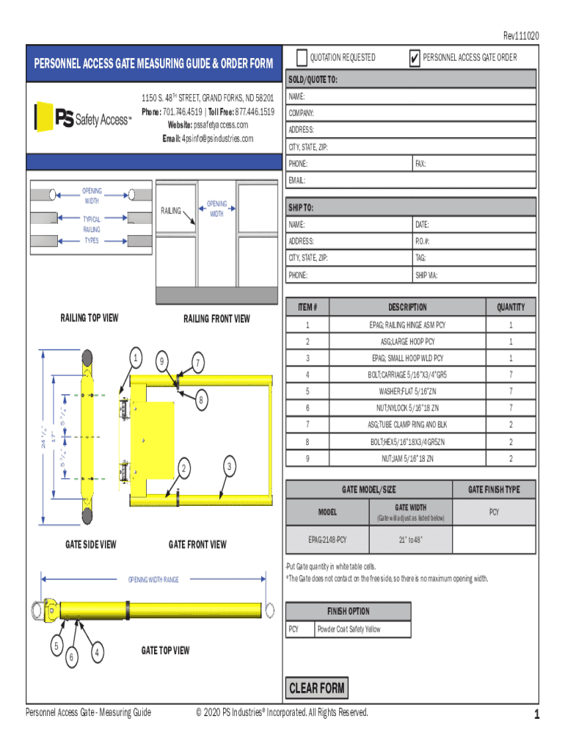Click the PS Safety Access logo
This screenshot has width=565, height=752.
coord(82,118)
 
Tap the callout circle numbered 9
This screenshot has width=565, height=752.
coord(161,361)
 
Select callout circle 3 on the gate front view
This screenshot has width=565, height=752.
coord(230,466)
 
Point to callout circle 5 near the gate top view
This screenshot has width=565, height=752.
coord(56,646)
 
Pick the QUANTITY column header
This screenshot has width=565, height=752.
coord(511,307)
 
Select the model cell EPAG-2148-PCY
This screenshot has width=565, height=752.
coord(327,540)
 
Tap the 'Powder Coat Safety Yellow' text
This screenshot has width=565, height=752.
coord(349,629)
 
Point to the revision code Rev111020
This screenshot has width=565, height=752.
coord(521,35)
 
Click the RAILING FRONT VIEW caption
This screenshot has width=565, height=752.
coord(216,319)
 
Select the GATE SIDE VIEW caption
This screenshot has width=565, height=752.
coord(90,545)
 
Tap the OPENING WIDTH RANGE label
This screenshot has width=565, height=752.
coord(153,580)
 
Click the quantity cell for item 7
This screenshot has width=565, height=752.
coord(511,424)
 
